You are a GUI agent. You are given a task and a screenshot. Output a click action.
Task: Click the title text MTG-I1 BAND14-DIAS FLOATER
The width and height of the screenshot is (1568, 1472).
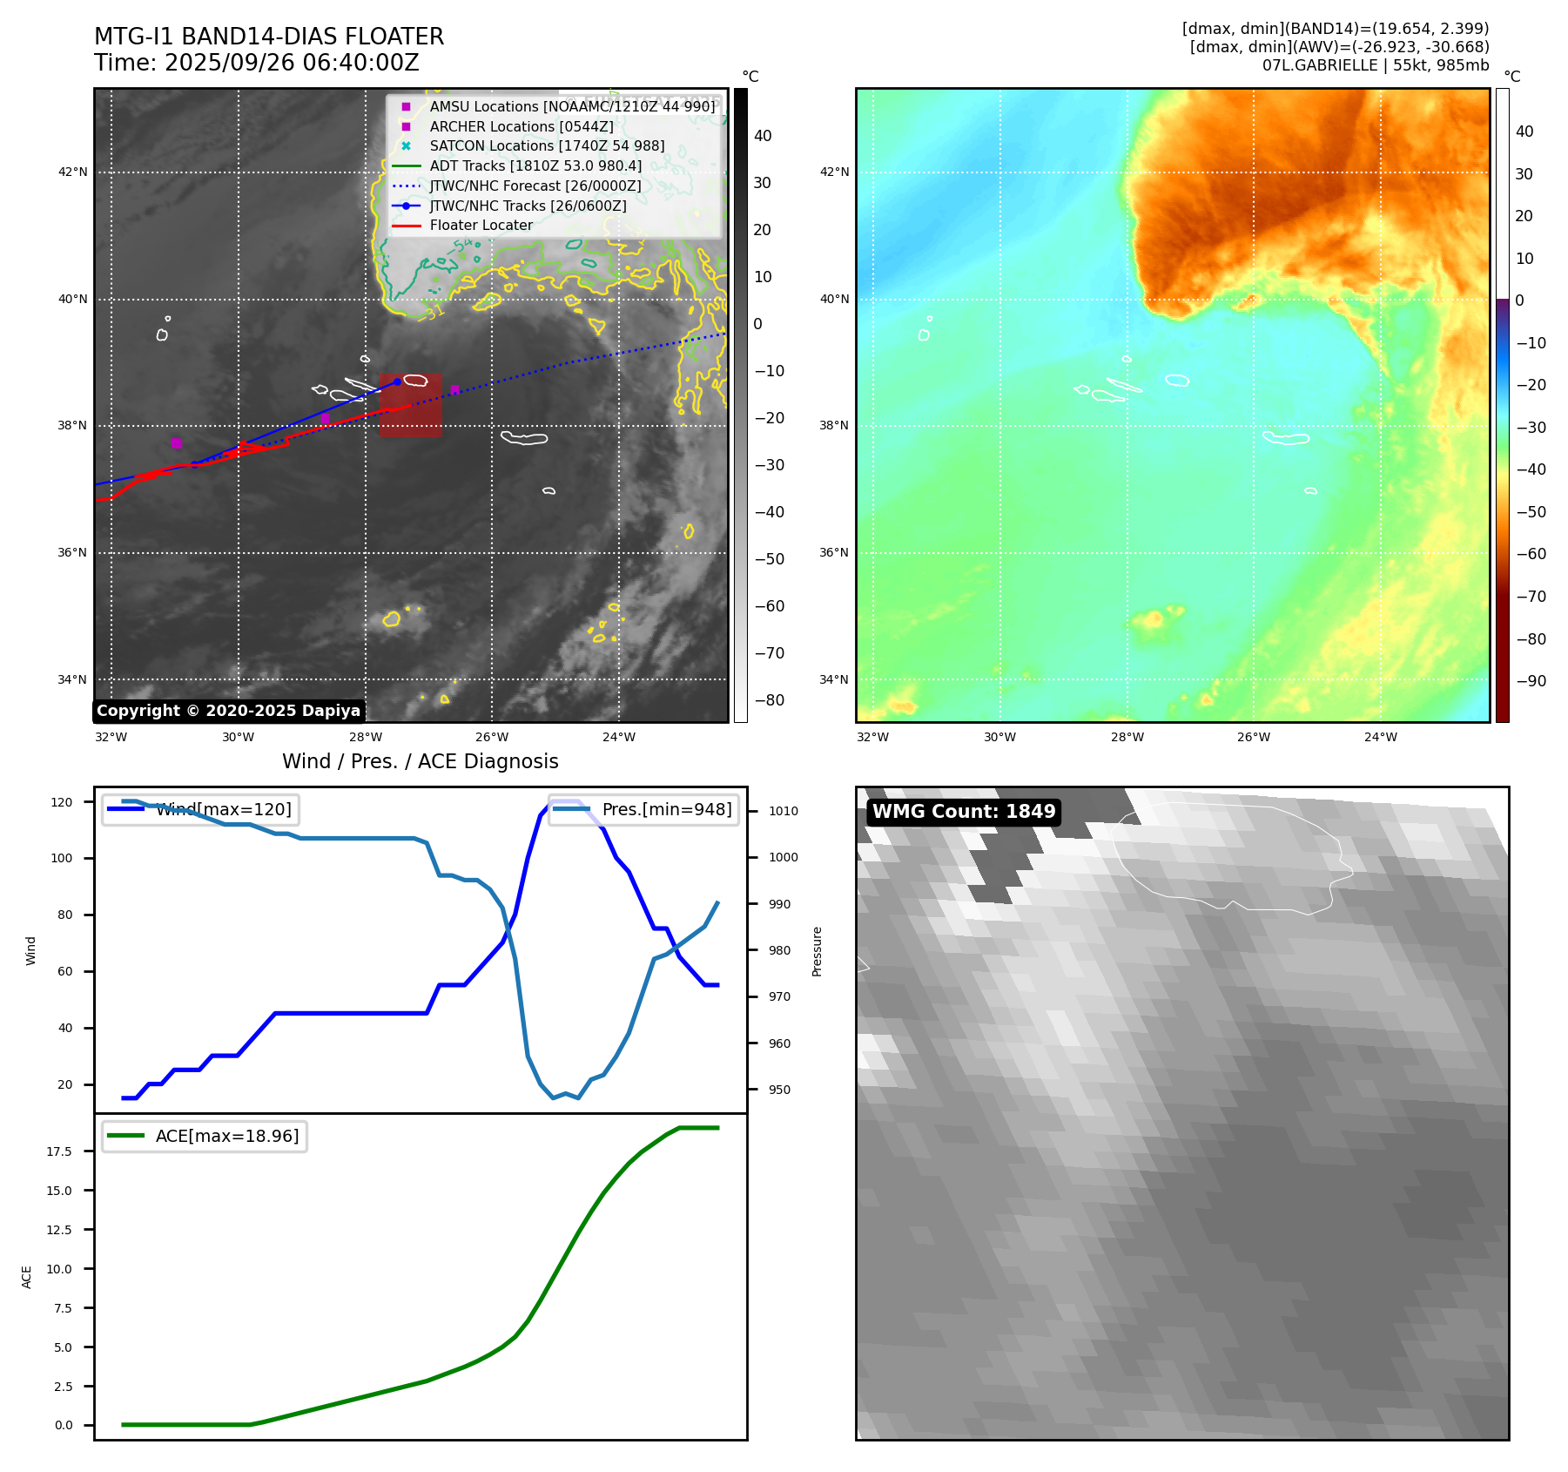[269, 37]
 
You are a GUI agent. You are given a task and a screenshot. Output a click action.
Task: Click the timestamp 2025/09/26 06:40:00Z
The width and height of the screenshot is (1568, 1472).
[292, 63]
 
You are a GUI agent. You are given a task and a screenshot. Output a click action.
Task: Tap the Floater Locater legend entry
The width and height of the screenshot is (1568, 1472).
[481, 226]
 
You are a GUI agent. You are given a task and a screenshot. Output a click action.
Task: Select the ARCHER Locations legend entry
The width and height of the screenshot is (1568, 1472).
[521, 126]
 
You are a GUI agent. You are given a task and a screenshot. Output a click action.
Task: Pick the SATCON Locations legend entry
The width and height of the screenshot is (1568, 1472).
[547, 146]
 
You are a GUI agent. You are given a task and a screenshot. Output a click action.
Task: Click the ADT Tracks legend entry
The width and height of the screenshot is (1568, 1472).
[535, 165]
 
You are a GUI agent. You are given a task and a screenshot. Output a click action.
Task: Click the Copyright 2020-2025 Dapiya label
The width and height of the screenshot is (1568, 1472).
[228, 711]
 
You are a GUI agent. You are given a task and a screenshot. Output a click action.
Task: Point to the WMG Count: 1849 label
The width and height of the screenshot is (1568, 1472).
[964, 812]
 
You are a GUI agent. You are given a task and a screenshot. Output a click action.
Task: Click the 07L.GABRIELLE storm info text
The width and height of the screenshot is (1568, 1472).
[1376, 65]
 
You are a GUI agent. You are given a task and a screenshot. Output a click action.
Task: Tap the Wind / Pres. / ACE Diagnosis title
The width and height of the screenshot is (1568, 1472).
[421, 761]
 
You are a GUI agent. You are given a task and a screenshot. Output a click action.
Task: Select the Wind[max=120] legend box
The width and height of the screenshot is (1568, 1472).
[200, 809]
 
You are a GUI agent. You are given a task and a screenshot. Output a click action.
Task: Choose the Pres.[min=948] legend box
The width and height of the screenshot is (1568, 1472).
[643, 809]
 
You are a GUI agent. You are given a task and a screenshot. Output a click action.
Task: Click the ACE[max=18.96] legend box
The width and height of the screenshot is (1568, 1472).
[205, 1136]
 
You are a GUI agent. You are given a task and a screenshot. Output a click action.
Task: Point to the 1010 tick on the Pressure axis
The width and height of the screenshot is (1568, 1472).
[783, 811]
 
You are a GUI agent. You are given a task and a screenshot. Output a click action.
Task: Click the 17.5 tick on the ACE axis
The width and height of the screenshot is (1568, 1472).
[60, 1151]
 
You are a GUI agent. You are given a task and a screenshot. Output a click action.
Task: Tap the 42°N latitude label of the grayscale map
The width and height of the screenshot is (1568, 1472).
[73, 172]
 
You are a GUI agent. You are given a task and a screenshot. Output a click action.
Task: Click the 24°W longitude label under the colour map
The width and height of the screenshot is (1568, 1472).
[1380, 737]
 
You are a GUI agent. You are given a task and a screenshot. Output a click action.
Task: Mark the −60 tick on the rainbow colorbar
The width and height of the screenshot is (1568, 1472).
[1531, 554]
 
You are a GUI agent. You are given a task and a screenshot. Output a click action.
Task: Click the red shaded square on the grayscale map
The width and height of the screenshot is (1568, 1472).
[411, 406]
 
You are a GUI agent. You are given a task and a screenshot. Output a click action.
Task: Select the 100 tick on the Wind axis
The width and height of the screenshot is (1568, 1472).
[62, 858]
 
